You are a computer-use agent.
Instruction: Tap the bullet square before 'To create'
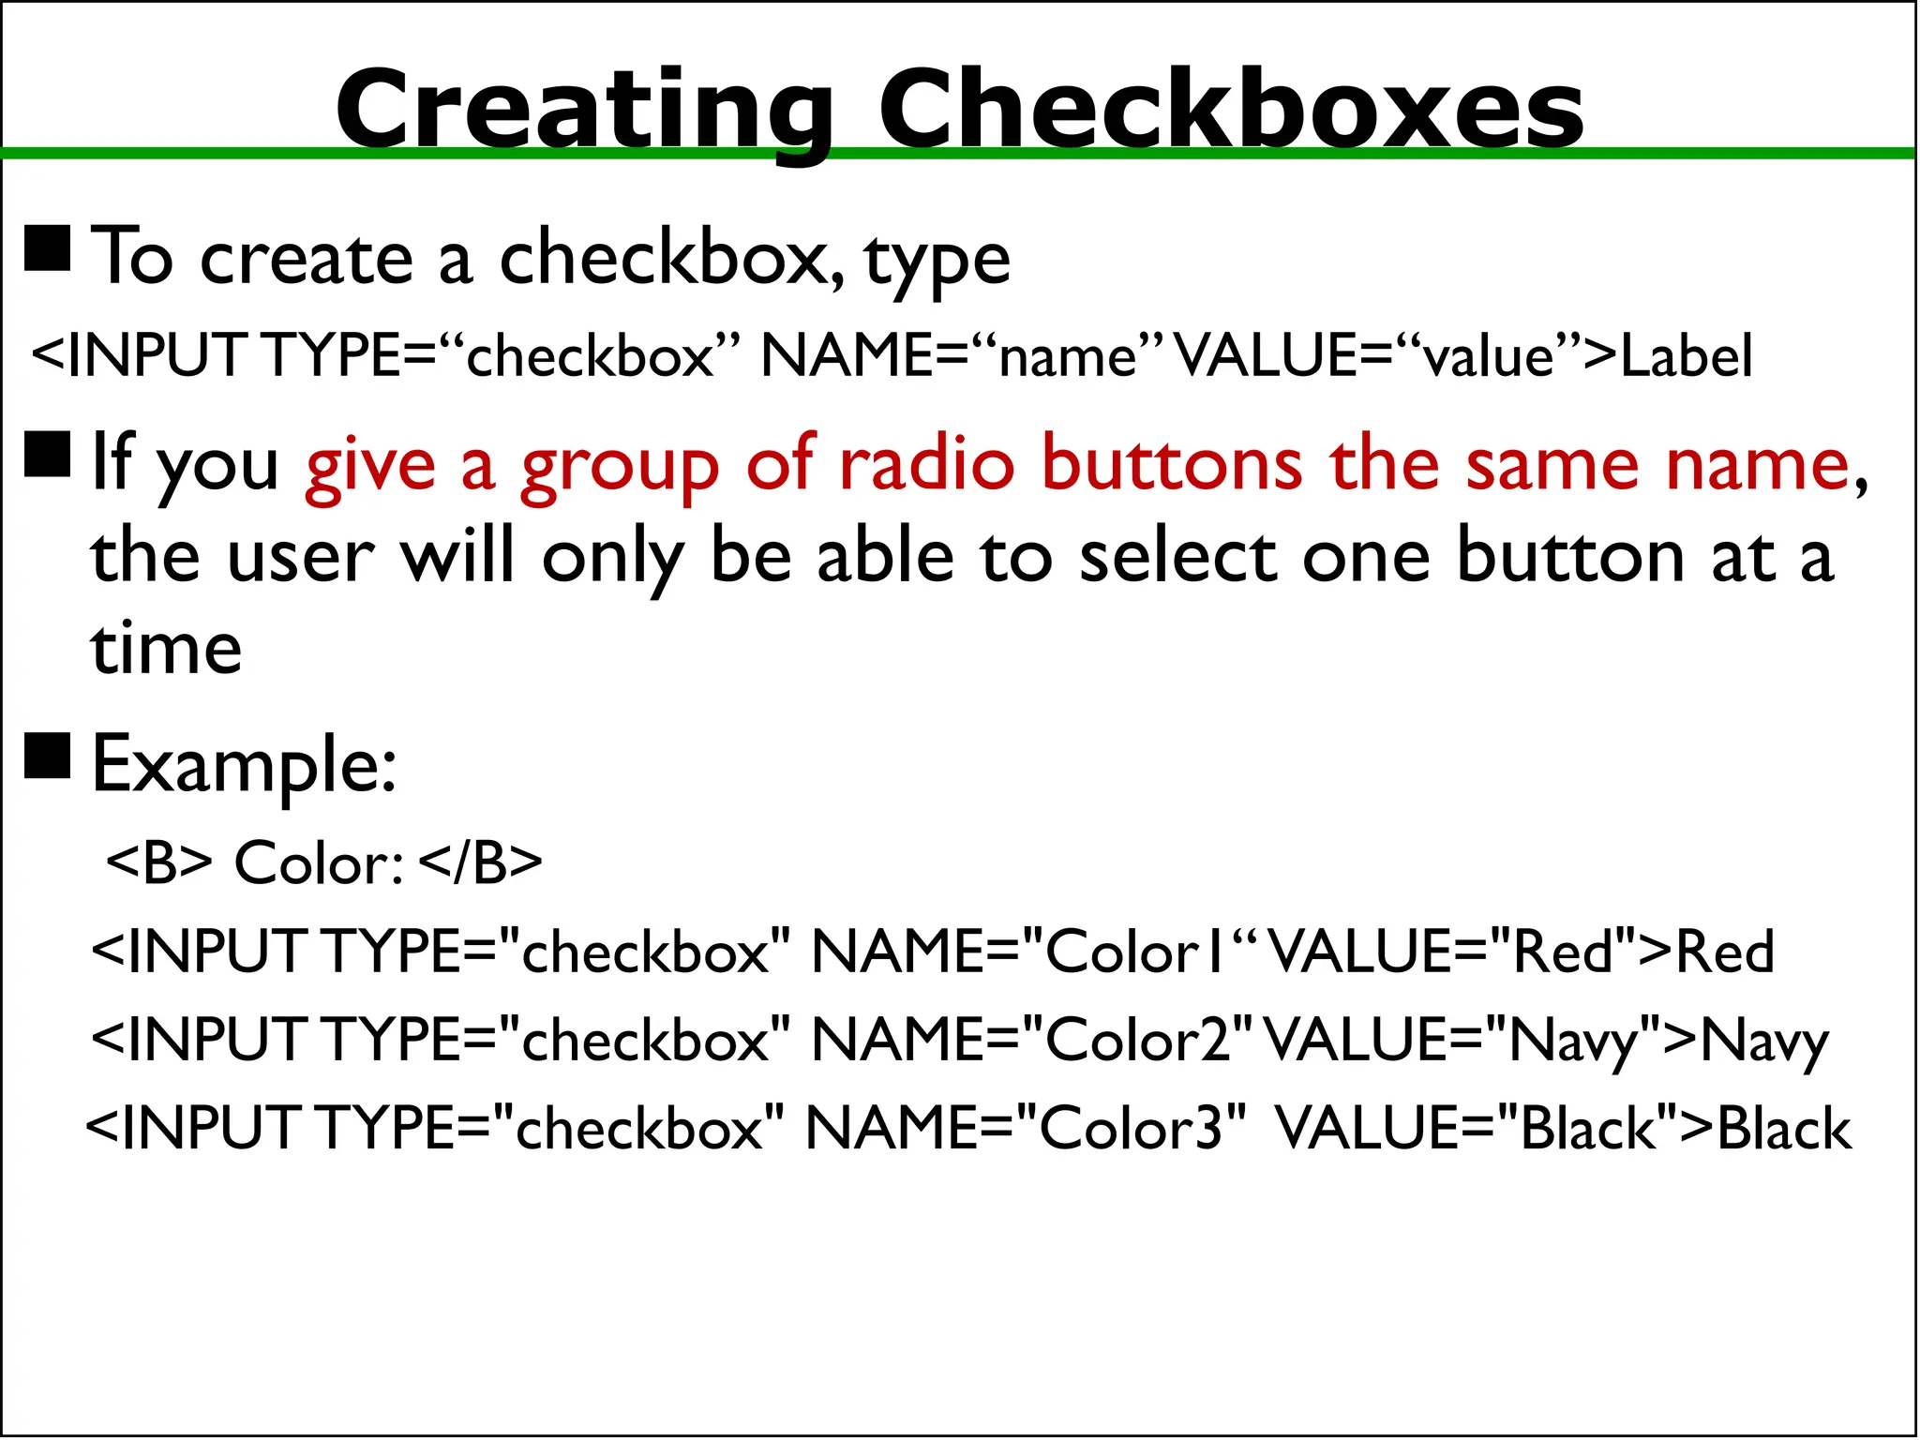click(x=47, y=248)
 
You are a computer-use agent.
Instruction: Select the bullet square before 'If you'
click(x=47, y=455)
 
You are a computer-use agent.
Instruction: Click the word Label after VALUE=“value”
click(x=1686, y=356)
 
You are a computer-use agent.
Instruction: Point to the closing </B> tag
click(x=480, y=862)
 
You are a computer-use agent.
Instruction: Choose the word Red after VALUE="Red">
click(x=1724, y=952)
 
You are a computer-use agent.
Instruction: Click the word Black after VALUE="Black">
click(x=1783, y=1129)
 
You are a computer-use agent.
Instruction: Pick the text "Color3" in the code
click(x=1131, y=1128)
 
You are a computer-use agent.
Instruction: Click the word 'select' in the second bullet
click(x=1178, y=558)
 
